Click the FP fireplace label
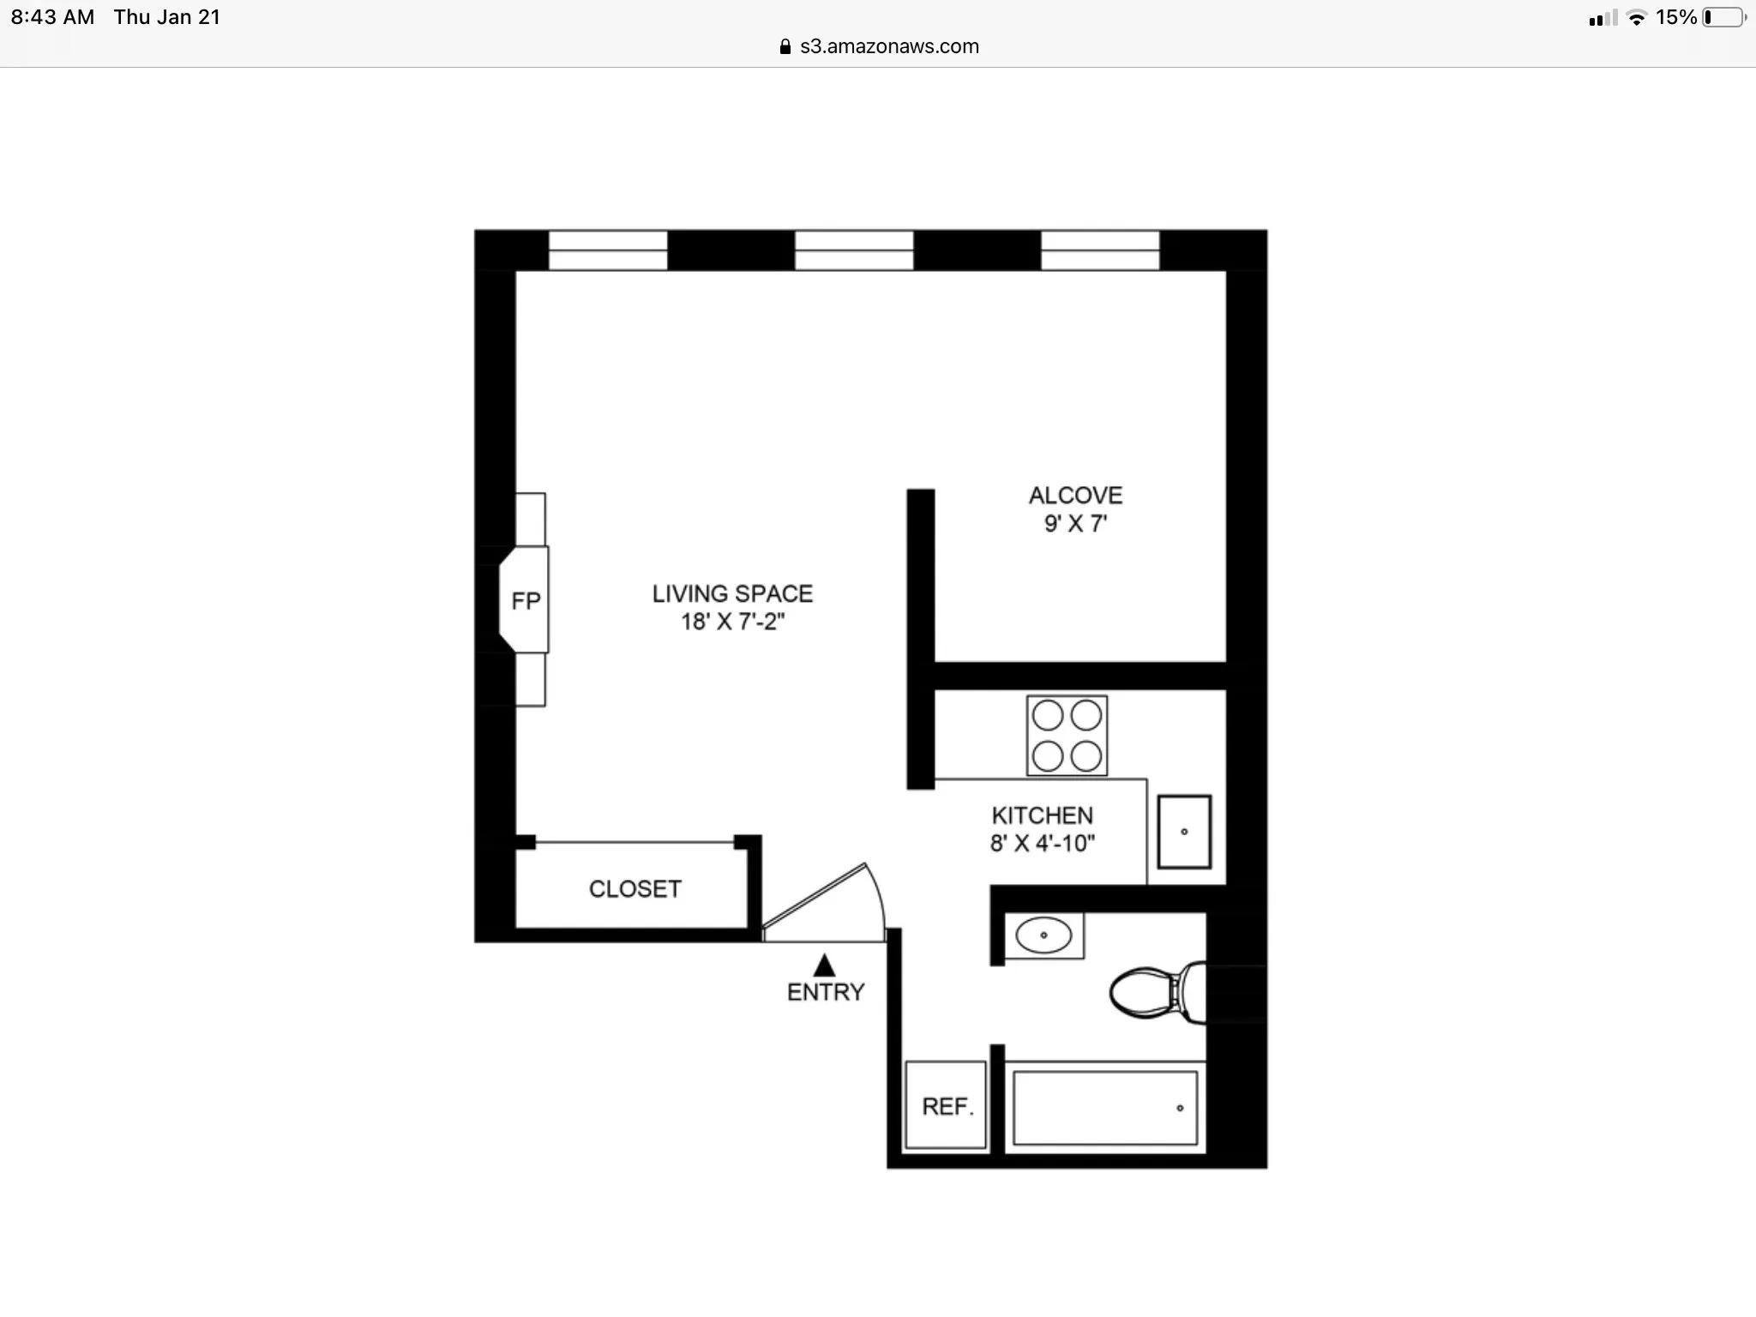[x=526, y=601]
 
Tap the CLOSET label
[x=634, y=889]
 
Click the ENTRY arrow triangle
[x=824, y=966]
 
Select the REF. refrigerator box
[x=947, y=1106]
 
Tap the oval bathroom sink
[x=1043, y=935]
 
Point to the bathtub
[x=1104, y=1108]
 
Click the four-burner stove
[x=1067, y=736]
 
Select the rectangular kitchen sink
[x=1184, y=832]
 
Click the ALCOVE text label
[x=1075, y=496]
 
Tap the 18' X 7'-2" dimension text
[x=732, y=622]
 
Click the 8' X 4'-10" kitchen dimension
[x=1042, y=844]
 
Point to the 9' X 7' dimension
[x=1075, y=524]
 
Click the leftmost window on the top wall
[x=608, y=250]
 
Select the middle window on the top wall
[x=854, y=250]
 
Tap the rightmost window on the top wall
[x=1100, y=250]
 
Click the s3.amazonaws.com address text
[x=889, y=46]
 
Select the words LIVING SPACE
[x=732, y=593]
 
